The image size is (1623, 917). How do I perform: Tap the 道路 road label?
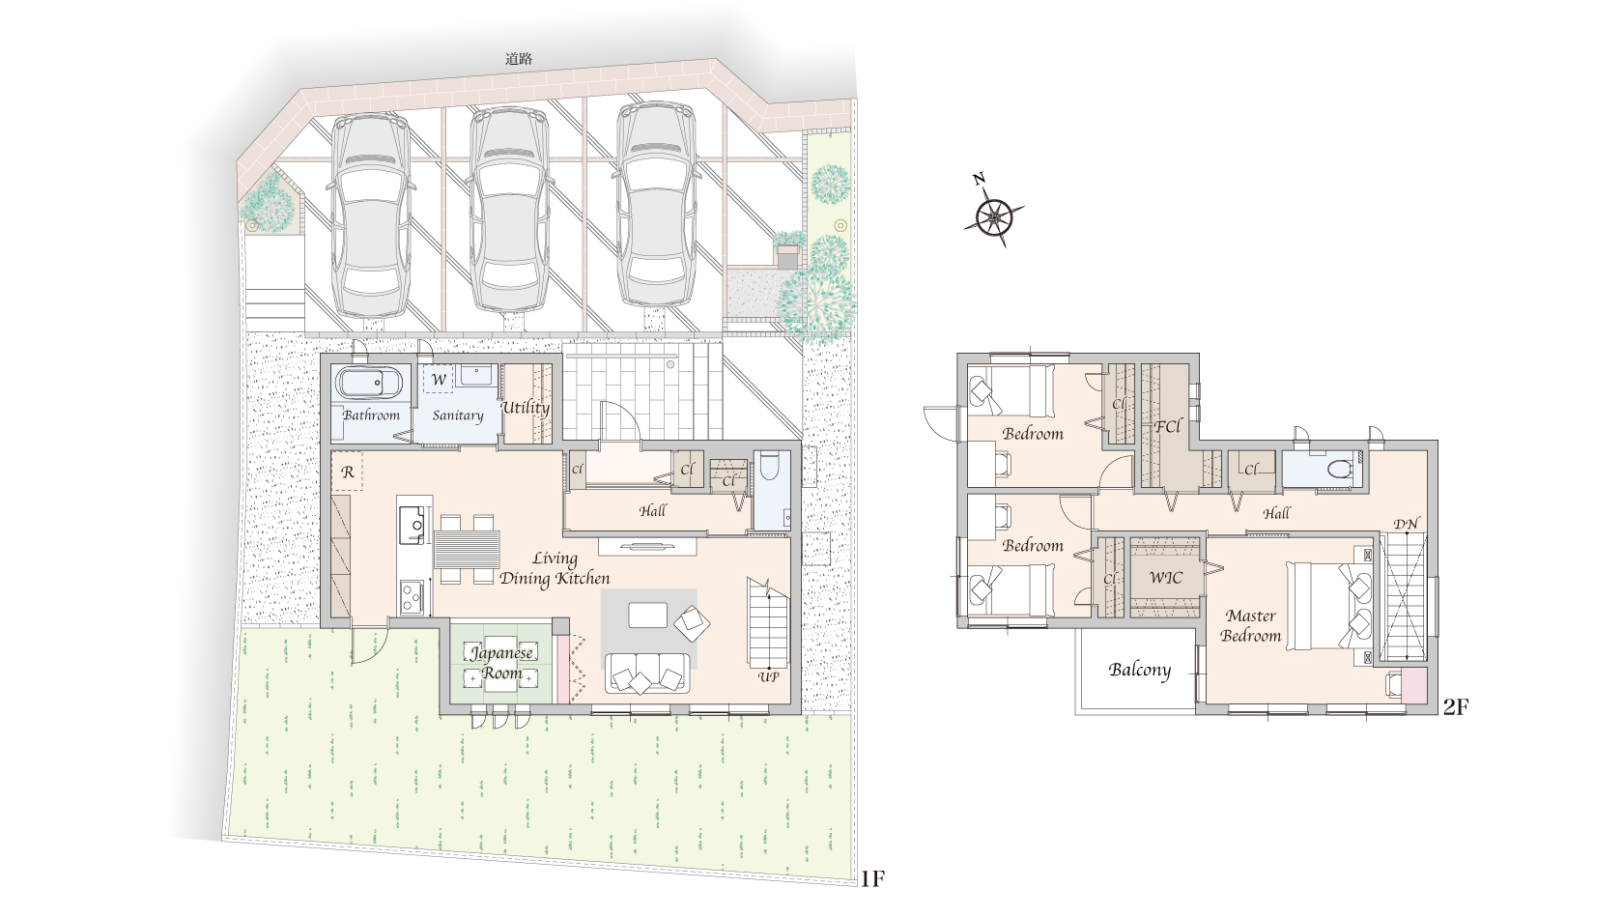(x=519, y=60)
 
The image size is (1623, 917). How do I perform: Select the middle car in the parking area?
(x=508, y=211)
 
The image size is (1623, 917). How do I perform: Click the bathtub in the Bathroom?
(x=368, y=383)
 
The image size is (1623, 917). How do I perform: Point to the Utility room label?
(x=527, y=408)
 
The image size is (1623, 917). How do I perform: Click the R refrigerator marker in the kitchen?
(x=348, y=472)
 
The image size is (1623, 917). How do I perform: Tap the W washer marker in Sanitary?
(x=439, y=379)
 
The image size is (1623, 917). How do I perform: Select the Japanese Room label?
(x=501, y=663)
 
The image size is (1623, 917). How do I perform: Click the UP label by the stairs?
(x=769, y=677)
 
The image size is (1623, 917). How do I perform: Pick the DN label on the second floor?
(x=1407, y=524)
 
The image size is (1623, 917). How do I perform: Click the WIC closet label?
(x=1166, y=578)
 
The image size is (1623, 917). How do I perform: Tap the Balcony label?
(x=1140, y=670)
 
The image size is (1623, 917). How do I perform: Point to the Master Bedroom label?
(x=1250, y=625)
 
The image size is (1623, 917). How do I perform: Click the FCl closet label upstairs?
(x=1167, y=426)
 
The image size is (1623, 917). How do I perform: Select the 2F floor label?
(x=1456, y=706)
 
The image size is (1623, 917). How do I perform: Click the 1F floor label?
(x=873, y=878)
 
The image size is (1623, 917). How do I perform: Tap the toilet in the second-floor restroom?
(x=1341, y=469)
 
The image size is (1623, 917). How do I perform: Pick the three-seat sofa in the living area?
(x=647, y=673)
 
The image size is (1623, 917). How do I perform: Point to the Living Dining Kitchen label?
(x=555, y=568)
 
